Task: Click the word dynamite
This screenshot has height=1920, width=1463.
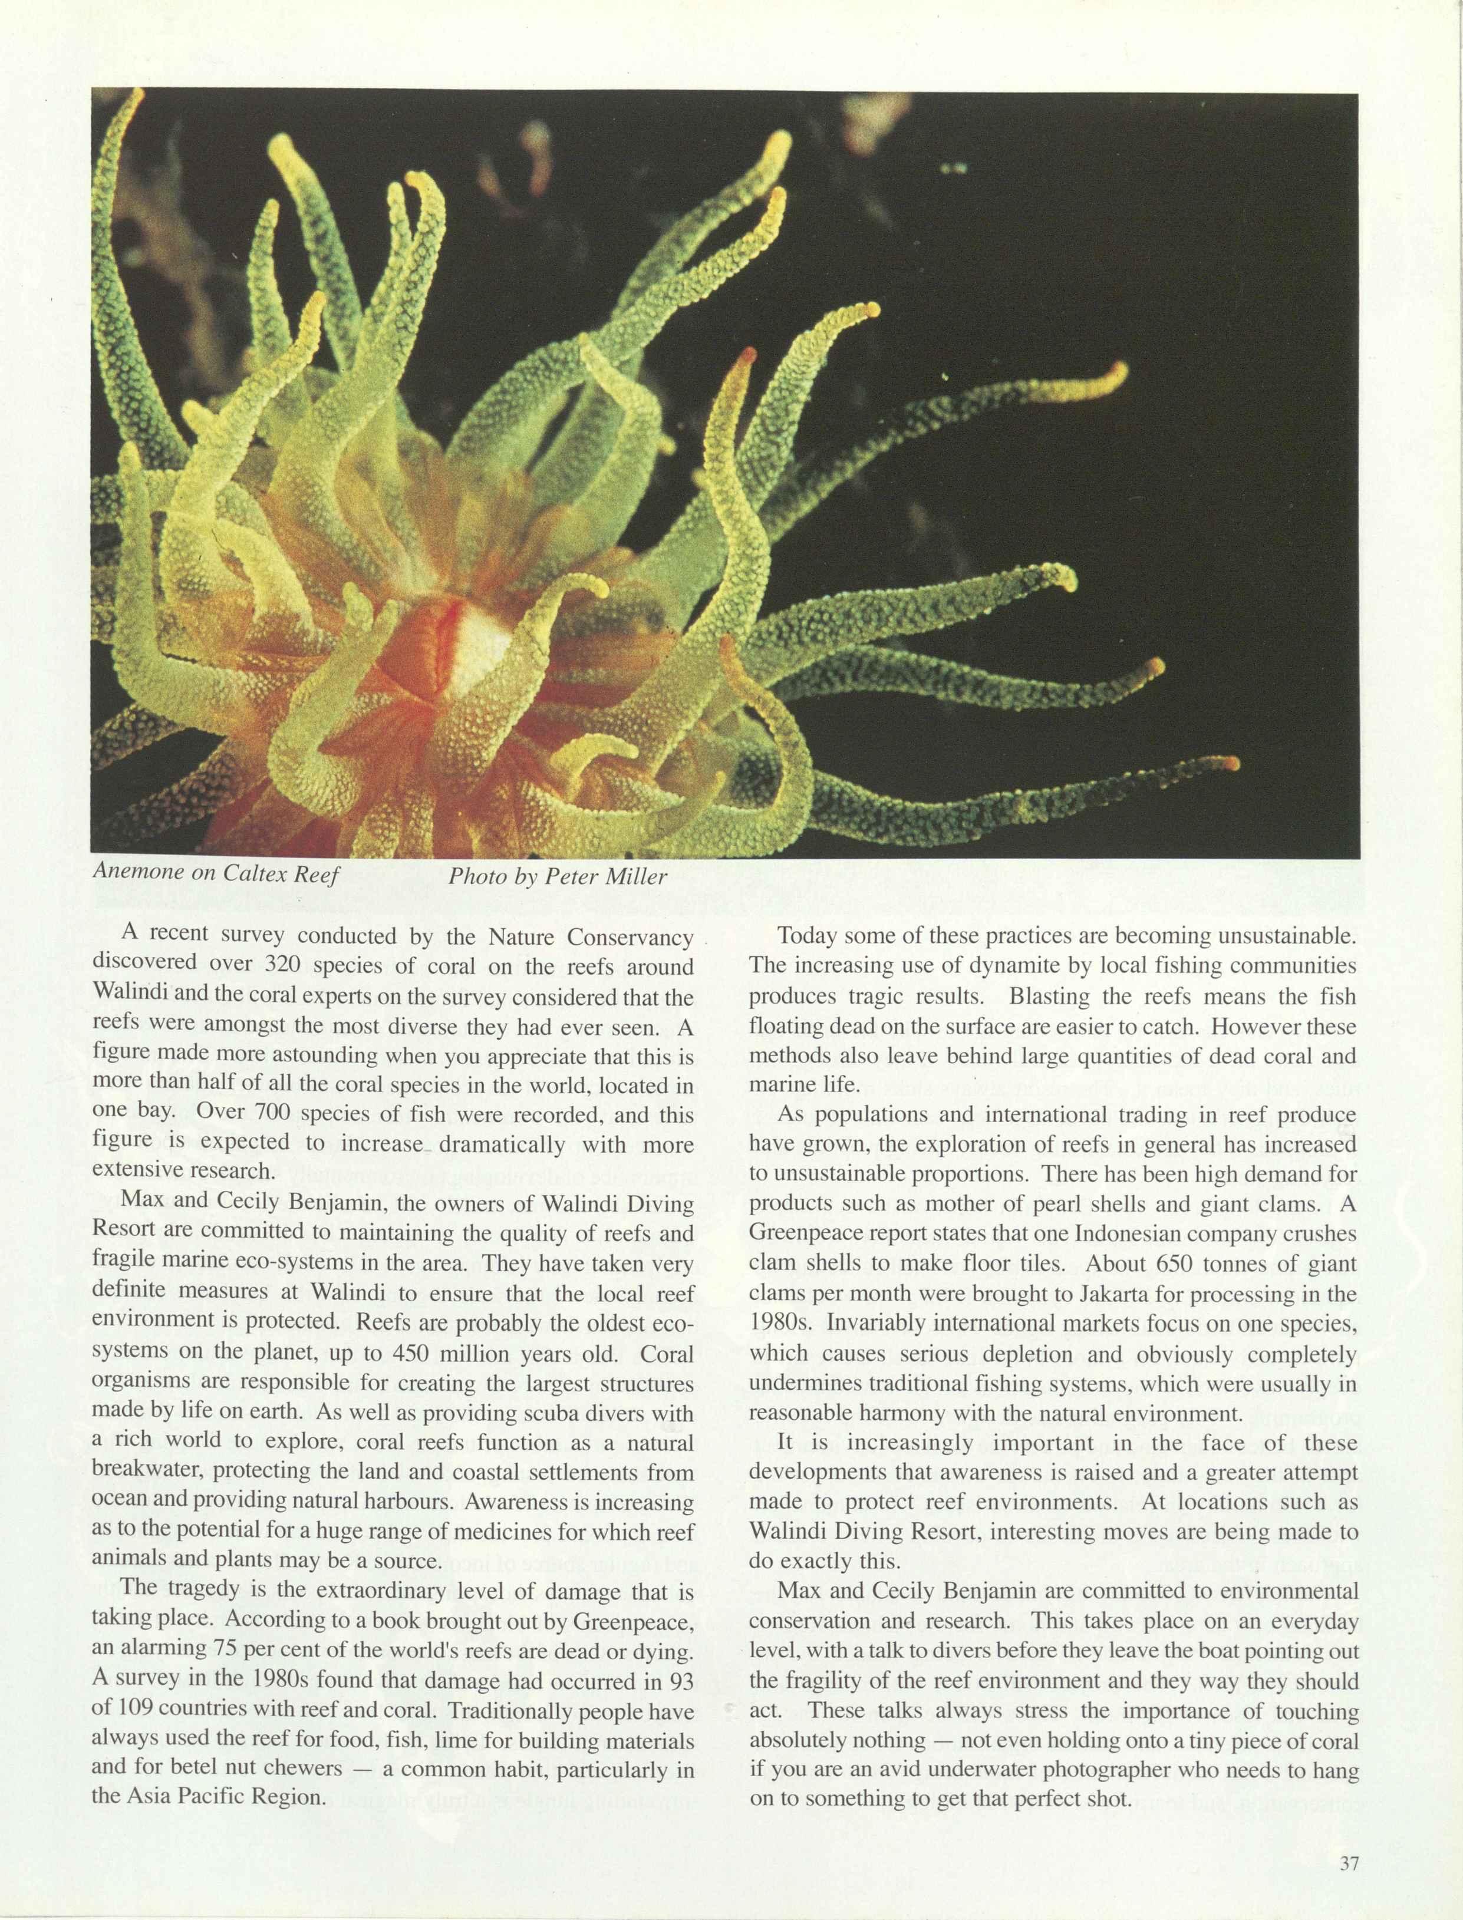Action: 1019,966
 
